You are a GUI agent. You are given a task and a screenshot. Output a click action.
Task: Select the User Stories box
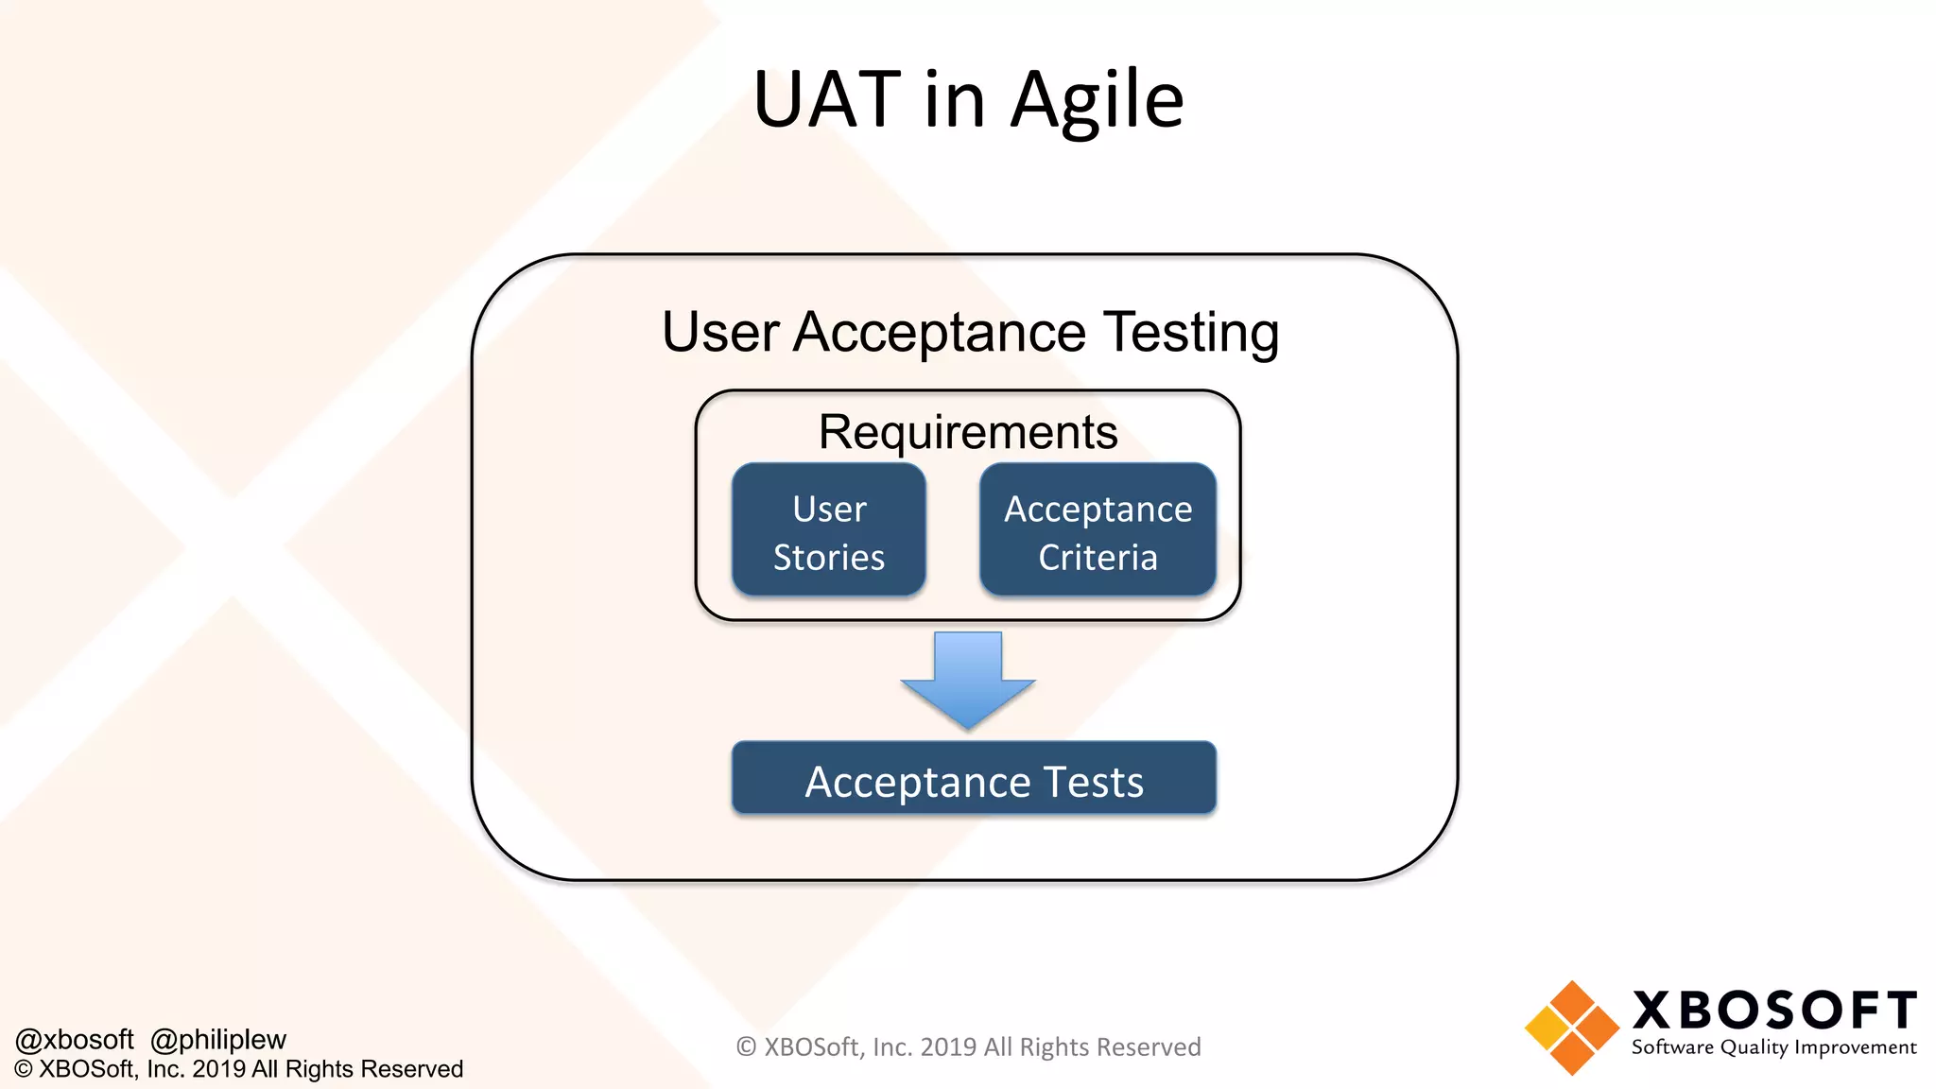tap(829, 530)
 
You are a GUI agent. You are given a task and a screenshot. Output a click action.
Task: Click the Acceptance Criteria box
tap(1098, 530)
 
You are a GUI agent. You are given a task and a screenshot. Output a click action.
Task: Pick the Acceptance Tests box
tap(974, 778)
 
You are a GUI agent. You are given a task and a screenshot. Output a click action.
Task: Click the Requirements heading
tap(968, 432)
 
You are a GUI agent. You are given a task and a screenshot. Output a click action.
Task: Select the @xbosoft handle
tap(75, 1040)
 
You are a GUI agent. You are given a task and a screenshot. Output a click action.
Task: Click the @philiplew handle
tap(218, 1040)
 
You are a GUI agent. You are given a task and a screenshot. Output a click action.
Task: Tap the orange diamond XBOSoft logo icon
tap(1571, 1028)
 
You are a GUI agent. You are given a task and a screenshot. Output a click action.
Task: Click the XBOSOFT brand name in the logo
tap(1774, 1011)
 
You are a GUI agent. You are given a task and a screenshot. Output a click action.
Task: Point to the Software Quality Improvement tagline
tap(1773, 1047)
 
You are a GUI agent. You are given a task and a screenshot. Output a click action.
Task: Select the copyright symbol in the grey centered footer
tap(747, 1047)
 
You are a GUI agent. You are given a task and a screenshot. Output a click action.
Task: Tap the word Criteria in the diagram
tap(1098, 558)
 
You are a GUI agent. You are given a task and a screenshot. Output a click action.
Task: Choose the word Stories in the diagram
tap(829, 558)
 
